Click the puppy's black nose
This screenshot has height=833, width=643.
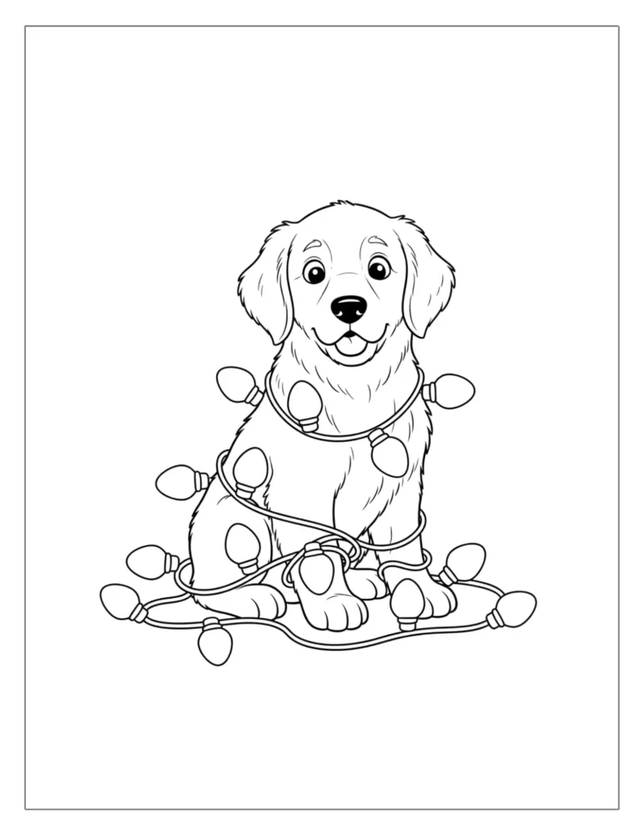click(350, 308)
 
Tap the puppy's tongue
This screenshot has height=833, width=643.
click(351, 345)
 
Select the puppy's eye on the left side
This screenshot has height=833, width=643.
click(315, 272)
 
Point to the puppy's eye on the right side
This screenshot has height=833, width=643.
click(378, 268)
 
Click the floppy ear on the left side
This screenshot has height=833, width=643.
click(264, 285)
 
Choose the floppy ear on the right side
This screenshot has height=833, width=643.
click(428, 281)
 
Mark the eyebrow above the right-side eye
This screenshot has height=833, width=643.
click(376, 242)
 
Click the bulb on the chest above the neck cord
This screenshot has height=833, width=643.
click(304, 403)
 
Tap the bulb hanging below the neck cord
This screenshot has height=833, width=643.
click(390, 454)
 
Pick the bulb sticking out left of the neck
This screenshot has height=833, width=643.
click(237, 384)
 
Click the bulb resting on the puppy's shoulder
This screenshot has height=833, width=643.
click(250, 469)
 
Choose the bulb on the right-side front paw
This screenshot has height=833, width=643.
click(406, 602)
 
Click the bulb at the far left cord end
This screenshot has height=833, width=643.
click(119, 601)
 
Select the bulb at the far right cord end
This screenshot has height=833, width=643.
click(515, 608)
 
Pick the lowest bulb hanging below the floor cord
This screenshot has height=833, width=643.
click(215, 643)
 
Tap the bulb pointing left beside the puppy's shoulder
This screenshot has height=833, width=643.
click(177, 482)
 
